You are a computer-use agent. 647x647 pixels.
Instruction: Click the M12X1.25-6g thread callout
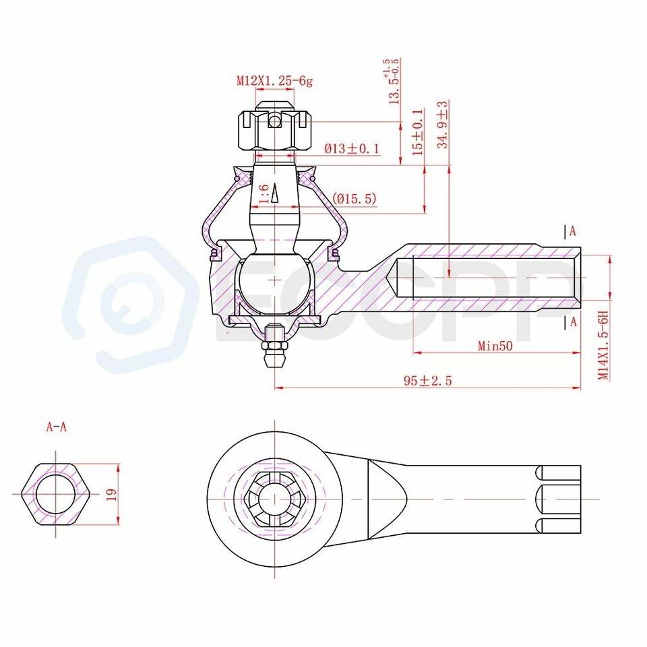pyautogui.click(x=274, y=81)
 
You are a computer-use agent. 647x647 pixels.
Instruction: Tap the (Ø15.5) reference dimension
pyautogui.click(x=355, y=199)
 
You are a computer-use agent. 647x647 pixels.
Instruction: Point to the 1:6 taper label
pyautogui.click(x=264, y=193)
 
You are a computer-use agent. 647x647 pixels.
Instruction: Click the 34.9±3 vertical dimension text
pyautogui.click(x=443, y=125)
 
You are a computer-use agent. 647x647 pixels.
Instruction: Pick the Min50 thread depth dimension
pyautogui.click(x=495, y=346)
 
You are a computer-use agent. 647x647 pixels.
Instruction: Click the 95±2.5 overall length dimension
pyautogui.click(x=427, y=381)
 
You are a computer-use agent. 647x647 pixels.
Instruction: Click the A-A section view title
pyautogui.click(x=57, y=427)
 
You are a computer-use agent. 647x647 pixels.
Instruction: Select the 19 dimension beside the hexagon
pyautogui.click(x=112, y=493)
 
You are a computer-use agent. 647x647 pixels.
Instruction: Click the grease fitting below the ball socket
pyautogui.click(x=274, y=343)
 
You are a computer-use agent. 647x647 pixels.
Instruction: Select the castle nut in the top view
pyautogui.click(x=274, y=499)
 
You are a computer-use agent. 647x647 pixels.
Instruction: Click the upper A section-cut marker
pyautogui.click(x=572, y=231)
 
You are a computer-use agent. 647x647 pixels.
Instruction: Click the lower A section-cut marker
pyautogui.click(x=572, y=321)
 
